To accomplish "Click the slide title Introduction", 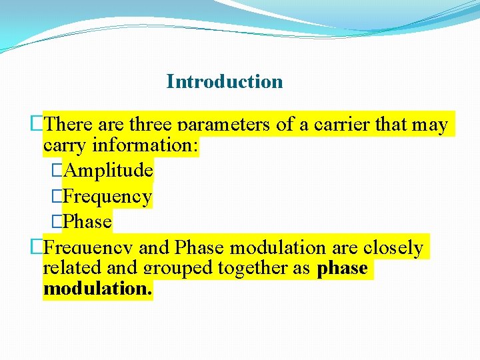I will (225, 82).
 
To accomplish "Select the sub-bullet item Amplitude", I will (109, 171).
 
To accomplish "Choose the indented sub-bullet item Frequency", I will (109, 197).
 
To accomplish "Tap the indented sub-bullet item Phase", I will (89, 221).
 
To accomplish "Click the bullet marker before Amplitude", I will (57, 171).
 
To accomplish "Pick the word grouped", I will (175, 268).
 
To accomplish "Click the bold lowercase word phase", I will (343, 268).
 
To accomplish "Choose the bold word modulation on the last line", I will (97, 289).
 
